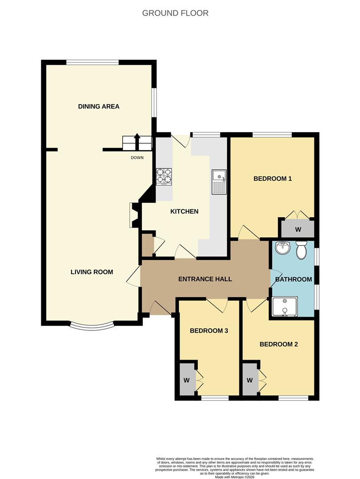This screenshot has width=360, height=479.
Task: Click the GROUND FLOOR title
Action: pyautogui.click(x=175, y=13)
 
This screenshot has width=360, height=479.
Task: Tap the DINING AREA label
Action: pyautogui.click(x=98, y=106)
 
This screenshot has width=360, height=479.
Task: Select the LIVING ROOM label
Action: pyautogui.click(x=91, y=272)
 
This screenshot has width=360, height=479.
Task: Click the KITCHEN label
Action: pyautogui.click(x=184, y=212)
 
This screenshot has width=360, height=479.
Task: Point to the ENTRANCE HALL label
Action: pyautogui.click(x=205, y=279)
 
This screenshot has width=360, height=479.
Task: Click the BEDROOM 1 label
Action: pyautogui.click(x=272, y=179)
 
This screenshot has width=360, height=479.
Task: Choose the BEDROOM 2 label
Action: pyautogui.click(x=278, y=344)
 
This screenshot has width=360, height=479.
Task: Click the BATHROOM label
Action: pyautogui.click(x=293, y=279)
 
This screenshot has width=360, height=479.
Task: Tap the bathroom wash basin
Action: pyautogui.click(x=282, y=248)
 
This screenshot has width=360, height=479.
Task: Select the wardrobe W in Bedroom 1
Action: pyautogui.click(x=298, y=229)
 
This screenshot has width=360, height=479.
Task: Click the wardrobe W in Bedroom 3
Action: pyautogui.click(x=187, y=380)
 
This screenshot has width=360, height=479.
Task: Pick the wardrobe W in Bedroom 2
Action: pyautogui.click(x=250, y=380)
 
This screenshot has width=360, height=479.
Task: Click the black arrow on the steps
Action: pyautogui.click(x=137, y=141)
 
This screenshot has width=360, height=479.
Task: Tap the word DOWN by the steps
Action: pyautogui.click(x=137, y=157)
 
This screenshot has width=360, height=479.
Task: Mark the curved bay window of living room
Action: pyautogui.click(x=92, y=327)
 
